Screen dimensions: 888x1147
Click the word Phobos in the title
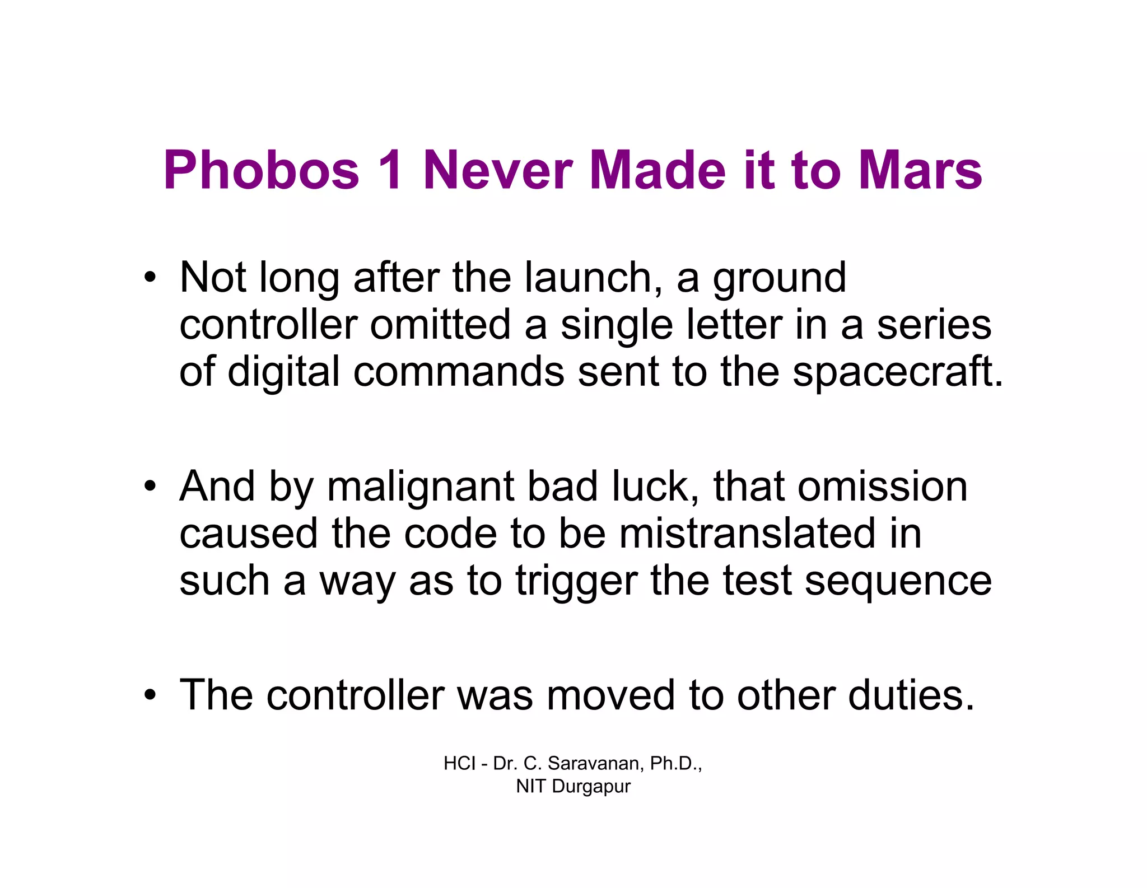(261, 170)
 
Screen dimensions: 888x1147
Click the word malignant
(421, 487)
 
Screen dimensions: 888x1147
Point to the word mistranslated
(747, 534)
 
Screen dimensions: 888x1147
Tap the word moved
(610, 695)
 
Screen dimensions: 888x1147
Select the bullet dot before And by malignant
(149, 486)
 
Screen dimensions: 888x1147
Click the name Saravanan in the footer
(596, 763)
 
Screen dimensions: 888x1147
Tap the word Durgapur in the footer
(591, 787)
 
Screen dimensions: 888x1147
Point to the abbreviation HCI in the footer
(459, 763)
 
